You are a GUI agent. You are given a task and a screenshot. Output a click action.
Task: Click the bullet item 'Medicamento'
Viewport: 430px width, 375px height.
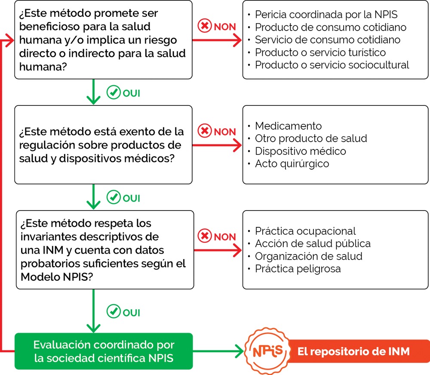click(x=288, y=126)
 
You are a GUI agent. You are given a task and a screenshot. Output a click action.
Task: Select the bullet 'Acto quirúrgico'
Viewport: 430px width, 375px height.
click(x=292, y=164)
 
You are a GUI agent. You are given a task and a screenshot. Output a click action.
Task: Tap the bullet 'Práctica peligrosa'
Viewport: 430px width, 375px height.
click(x=298, y=269)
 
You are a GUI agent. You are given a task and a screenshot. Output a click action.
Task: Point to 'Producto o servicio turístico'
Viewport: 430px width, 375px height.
click(x=320, y=53)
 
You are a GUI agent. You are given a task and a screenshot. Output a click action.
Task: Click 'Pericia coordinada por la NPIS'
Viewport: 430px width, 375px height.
click(x=326, y=15)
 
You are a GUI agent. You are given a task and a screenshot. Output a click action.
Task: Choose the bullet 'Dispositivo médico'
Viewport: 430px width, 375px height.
click(x=301, y=151)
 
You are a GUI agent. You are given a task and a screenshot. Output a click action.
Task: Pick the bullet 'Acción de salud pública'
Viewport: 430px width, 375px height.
click(x=313, y=244)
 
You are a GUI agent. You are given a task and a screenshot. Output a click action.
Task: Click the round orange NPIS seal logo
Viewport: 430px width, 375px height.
click(x=267, y=351)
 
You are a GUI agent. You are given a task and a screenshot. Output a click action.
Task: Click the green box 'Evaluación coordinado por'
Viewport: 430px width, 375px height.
click(x=104, y=351)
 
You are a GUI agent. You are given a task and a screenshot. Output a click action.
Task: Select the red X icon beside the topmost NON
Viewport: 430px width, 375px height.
click(x=205, y=26)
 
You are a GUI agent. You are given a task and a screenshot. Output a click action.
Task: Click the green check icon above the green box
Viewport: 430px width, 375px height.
click(x=114, y=311)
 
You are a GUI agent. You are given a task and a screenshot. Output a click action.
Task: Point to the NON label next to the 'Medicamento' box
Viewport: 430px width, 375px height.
click(x=225, y=132)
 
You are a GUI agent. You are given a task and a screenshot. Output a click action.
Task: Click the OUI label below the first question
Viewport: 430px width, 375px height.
click(x=131, y=93)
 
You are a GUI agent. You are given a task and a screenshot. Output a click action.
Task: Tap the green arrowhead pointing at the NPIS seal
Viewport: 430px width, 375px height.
click(x=239, y=351)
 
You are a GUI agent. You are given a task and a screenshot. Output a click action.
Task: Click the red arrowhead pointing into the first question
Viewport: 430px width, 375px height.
click(x=10, y=40)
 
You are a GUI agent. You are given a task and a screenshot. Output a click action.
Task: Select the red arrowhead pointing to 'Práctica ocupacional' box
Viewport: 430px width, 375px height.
click(x=237, y=250)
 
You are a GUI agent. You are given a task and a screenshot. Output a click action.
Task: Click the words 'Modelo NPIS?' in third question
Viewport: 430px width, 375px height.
click(x=57, y=277)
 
